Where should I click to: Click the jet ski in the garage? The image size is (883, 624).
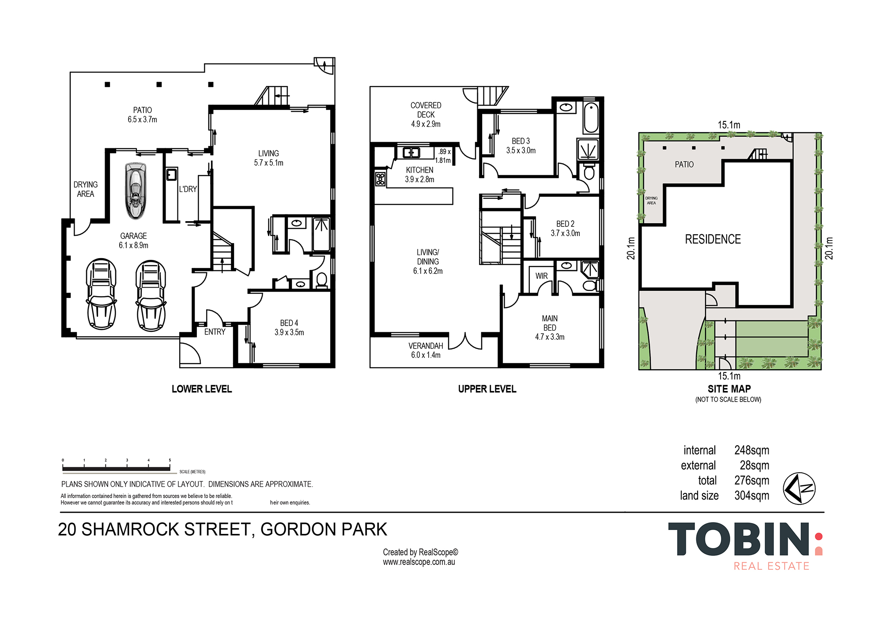pyautogui.click(x=135, y=191)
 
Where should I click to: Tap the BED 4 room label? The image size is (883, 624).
pyautogui.click(x=289, y=323)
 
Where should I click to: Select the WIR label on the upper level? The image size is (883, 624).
pyautogui.click(x=541, y=276)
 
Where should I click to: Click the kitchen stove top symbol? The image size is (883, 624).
pyautogui.click(x=380, y=179)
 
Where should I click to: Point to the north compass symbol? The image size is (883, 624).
pyautogui.click(x=799, y=488)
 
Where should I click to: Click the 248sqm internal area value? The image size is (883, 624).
pyautogui.click(x=751, y=450)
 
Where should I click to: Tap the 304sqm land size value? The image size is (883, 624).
pyautogui.click(x=751, y=496)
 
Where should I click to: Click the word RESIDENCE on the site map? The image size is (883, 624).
pyautogui.click(x=713, y=239)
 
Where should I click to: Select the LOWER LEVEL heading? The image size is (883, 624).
pyautogui.click(x=202, y=389)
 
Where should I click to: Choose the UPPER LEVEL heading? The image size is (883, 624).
pyautogui.click(x=487, y=389)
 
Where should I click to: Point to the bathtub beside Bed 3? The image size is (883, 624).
pyautogui.click(x=590, y=118)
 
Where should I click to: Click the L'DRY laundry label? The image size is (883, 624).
pyautogui.click(x=188, y=189)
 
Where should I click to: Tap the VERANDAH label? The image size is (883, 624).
pyautogui.click(x=426, y=346)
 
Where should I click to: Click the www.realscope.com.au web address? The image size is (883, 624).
pyautogui.click(x=419, y=562)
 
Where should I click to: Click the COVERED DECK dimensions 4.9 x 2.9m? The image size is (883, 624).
pyautogui.click(x=426, y=124)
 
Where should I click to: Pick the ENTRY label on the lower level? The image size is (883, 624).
pyautogui.click(x=215, y=332)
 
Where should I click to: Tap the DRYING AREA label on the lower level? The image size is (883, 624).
pyautogui.click(x=86, y=189)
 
